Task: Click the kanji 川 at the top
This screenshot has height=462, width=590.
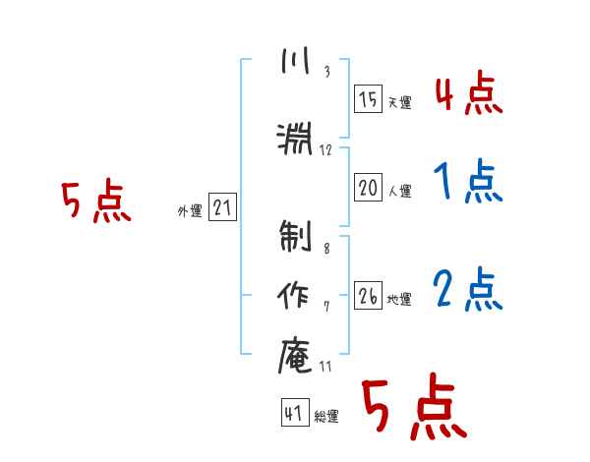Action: click(295, 60)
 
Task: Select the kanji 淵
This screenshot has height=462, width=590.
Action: click(295, 139)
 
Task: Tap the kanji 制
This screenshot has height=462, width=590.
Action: click(295, 236)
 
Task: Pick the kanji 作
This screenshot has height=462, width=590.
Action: click(293, 295)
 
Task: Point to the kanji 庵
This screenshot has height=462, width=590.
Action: click(295, 355)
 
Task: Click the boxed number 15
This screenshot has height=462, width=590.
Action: click(368, 99)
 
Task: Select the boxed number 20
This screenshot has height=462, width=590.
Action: click(368, 188)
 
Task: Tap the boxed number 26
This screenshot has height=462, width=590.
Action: click(368, 295)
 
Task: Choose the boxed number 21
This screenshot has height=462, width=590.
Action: click(222, 207)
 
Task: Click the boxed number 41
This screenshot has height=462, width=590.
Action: click(295, 412)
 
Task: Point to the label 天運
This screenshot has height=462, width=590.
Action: click(400, 102)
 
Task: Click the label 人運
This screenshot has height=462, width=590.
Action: click(400, 191)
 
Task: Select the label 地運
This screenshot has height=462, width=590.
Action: click(399, 300)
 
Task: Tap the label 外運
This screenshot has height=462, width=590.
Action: click(190, 211)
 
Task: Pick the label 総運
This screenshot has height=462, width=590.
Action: click(326, 417)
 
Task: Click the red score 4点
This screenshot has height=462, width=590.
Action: click(469, 93)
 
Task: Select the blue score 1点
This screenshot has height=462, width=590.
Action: click(468, 181)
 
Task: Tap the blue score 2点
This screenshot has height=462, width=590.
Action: click(468, 289)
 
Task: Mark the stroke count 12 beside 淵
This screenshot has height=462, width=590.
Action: click(325, 150)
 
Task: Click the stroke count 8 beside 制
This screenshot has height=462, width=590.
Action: click(326, 249)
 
